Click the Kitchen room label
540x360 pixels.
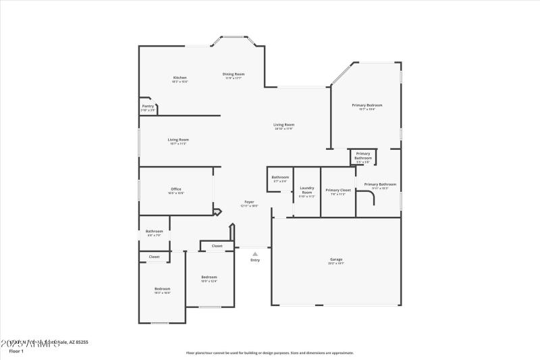coord(180,78)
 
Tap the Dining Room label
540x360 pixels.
coord(234,74)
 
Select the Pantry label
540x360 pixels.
coord(148,106)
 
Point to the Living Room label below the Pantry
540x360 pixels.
coord(178,140)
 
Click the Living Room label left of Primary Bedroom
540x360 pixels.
coord(283,125)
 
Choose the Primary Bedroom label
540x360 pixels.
coord(367,105)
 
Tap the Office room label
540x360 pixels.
coord(175,189)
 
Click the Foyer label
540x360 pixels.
coord(250,202)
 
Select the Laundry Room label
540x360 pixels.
coord(307,190)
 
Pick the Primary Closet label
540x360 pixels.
coord(338,190)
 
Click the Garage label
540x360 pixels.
coord(336,259)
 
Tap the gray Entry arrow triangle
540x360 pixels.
coord(255,253)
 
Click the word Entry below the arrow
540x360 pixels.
coord(255,260)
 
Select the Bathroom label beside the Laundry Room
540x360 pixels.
coord(280,178)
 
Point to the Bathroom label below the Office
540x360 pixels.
coord(154,232)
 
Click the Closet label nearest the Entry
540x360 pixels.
coord(217,246)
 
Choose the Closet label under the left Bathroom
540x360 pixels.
coord(154,257)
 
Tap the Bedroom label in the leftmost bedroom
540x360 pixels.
coord(162,289)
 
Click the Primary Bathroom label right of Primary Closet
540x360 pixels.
coord(380,184)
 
